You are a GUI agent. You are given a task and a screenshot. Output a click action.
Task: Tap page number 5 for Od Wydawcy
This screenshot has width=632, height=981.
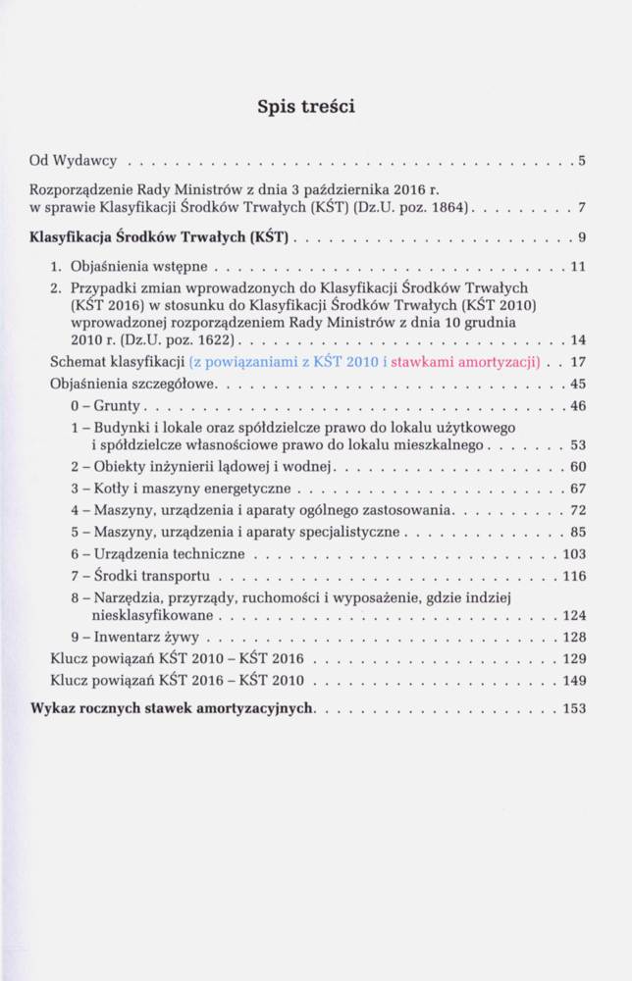(x=582, y=160)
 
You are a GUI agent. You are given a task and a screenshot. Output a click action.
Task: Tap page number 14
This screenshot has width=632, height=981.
(x=577, y=340)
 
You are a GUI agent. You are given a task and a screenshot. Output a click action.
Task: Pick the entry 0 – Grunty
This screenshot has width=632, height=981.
(x=107, y=405)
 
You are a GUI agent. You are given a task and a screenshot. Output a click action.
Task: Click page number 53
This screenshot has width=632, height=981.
(x=577, y=445)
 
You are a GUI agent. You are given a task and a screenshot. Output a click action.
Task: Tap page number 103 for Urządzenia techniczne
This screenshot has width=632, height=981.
(x=573, y=553)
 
